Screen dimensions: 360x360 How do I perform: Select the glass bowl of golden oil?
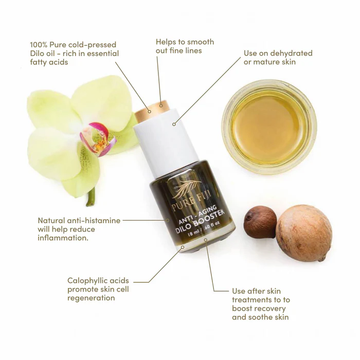(x=268, y=127)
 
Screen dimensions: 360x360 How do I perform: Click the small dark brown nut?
(x=260, y=222)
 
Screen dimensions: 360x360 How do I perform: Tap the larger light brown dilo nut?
(x=304, y=232)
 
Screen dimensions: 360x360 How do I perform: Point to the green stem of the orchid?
(x=92, y=197)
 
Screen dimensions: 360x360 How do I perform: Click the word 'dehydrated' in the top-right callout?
(x=287, y=53)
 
